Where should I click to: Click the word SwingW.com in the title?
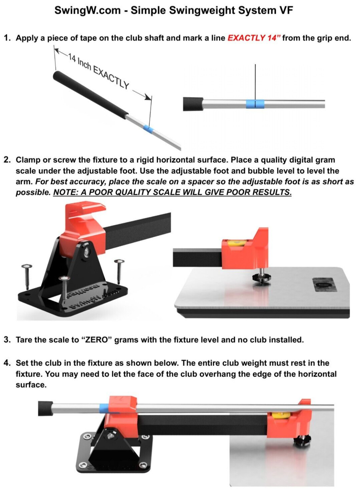pos(87,10)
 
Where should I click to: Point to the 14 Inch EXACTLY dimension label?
pos(99,71)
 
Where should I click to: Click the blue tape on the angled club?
pos(148,129)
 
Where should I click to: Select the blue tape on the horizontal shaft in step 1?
pos(255,104)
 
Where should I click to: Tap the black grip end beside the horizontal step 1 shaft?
pos(193,104)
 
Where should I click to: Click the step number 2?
pos(7,160)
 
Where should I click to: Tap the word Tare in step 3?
pos(24,340)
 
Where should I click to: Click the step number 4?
pos(7,363)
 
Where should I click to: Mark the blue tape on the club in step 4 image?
pos(104,407)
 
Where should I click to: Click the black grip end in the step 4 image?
pos(45,408)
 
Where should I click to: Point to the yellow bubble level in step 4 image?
pos(277,416)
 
